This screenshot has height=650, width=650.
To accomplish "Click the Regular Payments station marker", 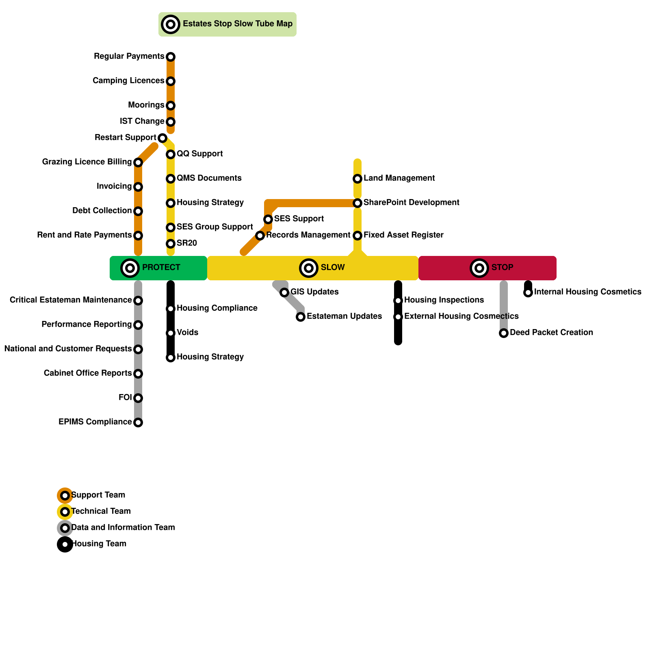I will [171, 56].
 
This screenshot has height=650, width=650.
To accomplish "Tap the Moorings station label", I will [146, 105].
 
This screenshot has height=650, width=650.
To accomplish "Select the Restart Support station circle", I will [162, 138].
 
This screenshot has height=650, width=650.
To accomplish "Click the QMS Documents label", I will [209, 178].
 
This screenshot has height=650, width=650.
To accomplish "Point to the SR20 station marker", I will [171, 244].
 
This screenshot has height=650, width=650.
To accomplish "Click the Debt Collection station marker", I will [138, 211].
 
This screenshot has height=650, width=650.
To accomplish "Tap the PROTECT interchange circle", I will [130, 268].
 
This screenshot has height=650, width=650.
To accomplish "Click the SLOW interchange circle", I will [309, 268].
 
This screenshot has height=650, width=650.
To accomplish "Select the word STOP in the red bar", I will [502, 268].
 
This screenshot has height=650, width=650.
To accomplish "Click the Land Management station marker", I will [357, 179].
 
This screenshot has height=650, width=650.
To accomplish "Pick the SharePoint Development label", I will [411, 203].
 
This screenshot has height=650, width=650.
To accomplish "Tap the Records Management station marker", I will [260, 236].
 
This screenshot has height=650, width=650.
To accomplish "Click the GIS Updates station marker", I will [284, 292].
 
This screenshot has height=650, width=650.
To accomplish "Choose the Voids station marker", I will [171, 333].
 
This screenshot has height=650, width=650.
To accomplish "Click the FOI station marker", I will [138, 398].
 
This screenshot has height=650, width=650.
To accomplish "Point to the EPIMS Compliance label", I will [95, 422].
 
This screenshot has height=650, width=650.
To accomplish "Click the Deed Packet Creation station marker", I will [504, 333].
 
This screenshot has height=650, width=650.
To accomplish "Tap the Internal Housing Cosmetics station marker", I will [528, 292].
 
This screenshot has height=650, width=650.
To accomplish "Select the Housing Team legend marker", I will [65, 544].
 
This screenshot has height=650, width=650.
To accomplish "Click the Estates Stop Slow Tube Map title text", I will [237, 24].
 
